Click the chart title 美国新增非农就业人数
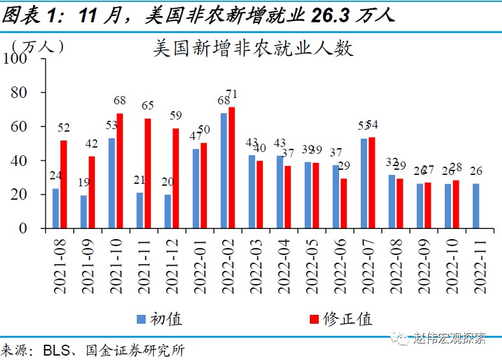point(253,49)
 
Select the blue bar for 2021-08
point(56,208)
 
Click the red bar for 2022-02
point(232,167)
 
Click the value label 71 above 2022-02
point(232,94)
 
